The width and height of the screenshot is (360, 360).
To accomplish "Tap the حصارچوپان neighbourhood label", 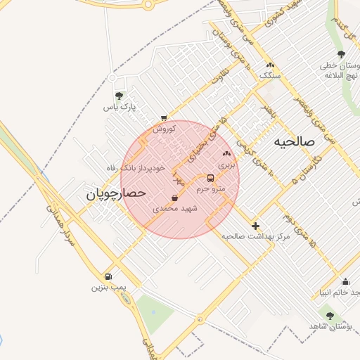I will pos(116,193).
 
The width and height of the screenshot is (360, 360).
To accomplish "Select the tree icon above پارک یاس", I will pos(119,96).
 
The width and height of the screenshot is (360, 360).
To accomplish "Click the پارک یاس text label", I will pos(118,107).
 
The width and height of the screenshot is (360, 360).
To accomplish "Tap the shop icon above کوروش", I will pos(164,118).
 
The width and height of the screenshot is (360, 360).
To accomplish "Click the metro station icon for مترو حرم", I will pos(211,178).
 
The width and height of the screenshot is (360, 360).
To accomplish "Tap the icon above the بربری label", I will pos(226,153).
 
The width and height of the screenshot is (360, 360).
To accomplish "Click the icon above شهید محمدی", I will pos(174,198).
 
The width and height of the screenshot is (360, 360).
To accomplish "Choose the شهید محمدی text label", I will pos(174,209).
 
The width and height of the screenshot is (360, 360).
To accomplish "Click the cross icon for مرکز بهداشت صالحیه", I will pos(255,226).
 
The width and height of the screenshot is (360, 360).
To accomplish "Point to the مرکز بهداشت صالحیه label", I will pos(255,237).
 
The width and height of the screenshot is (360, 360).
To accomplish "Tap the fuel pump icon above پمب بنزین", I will pos(108,276).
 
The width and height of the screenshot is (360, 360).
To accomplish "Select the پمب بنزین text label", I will pos(108,288).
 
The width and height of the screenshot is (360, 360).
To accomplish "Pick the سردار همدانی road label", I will pos(60,221).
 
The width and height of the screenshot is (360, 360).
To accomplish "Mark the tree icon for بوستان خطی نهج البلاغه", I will pos(341,55).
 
